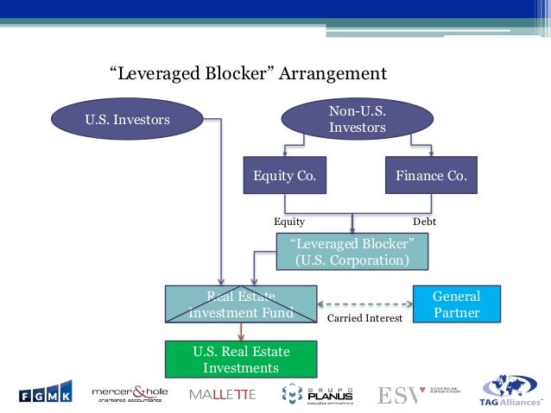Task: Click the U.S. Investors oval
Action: pos(128,120)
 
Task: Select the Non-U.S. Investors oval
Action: pos(357,119)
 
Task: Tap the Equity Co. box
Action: pos(284,176)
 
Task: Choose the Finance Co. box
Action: pos(431,176)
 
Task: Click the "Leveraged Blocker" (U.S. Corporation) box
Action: pos(351,251)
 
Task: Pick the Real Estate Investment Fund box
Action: pos(241,304)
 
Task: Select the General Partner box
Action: pos(456,304)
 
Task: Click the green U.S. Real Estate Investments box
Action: pos(241,360)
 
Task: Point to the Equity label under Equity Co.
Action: pos(289,222)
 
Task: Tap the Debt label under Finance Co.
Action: pos(425,222)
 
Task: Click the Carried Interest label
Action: pos(365,318)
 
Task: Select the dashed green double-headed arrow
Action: pos(364,303)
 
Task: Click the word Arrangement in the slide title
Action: pos(333,72)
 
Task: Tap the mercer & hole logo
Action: pos(130,393)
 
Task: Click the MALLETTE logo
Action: pos(222,395)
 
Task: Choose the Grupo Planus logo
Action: pos(317,394)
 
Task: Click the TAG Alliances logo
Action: pos(511,392)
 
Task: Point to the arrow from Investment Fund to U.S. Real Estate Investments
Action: pos(241,332)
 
